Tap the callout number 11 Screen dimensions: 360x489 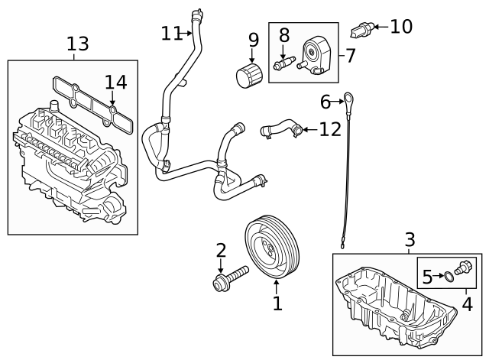(172, 33)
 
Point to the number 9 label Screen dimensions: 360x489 (253, 39)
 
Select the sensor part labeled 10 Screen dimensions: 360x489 (361, 31)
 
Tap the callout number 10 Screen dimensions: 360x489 (400, 27)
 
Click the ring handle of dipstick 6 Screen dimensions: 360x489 (348, 97)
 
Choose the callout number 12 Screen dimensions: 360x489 (329, 129)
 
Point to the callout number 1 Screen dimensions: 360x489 (277, 303)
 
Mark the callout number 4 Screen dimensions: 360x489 (467, 304)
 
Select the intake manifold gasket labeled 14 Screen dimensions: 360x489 (92, 99)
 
